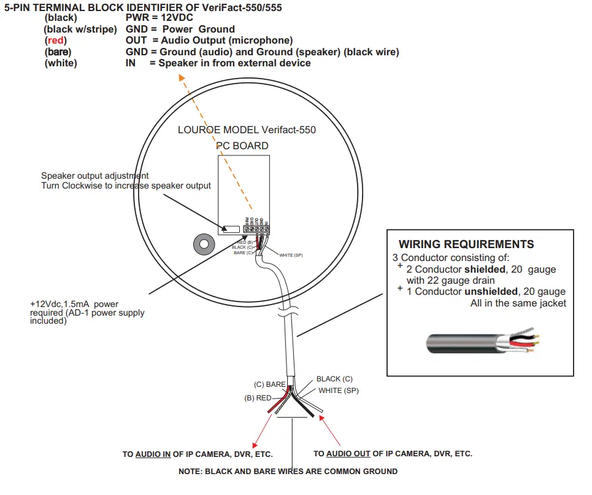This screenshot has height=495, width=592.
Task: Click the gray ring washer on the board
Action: (x=202, y=244)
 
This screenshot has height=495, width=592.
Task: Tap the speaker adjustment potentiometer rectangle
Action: (x=231, y=229)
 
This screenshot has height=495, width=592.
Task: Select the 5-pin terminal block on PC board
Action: (x=256, y=229)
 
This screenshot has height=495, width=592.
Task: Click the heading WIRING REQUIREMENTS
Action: (x=466, y=244)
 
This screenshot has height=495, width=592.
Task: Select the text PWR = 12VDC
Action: (x=160, y=18)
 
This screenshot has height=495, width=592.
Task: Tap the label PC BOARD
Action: (x=242, y=146)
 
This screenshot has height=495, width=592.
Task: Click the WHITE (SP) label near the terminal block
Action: (x=291, y=255)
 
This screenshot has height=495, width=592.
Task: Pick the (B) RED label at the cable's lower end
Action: (x=258, y=398)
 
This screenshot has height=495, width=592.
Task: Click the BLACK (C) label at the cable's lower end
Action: (x=334, y=379)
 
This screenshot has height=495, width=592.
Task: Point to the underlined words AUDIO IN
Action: (x=153, y=454)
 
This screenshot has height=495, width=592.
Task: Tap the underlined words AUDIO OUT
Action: (x=348, y=454)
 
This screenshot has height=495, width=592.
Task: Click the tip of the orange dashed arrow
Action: (x=180, y=76)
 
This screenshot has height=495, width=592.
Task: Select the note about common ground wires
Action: (x=288, y=471)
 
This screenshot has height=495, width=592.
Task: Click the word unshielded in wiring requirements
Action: (x=488, y=291)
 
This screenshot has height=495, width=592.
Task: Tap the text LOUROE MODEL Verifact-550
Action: (x=247, y=130)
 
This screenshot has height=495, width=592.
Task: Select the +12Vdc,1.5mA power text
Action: (x=74, y=303)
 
